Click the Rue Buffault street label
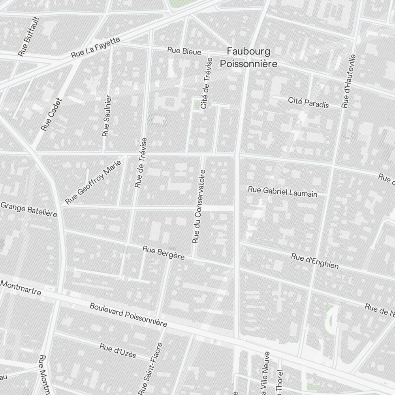(29, 36)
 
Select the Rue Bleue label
(184, 51)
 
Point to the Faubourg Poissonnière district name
(248, 57)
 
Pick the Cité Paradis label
(308, 102)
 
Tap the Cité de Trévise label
(207, 83)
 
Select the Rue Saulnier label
(107, 116)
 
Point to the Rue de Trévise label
(140, 162)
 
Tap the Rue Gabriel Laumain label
(282, 192)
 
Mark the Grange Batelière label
(29, 209)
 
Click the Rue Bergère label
(164, 253)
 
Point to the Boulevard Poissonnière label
(128, 314)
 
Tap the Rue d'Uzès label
(118, 351)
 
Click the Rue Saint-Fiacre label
(150, 369)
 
